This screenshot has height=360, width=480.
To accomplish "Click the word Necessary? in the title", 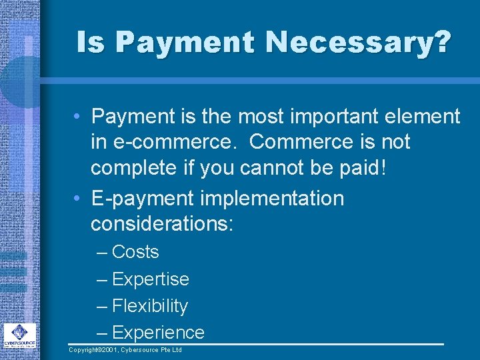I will point(359,43).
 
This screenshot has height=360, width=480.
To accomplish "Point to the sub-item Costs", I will point(135,252).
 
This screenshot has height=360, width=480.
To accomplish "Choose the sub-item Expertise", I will point(151,279).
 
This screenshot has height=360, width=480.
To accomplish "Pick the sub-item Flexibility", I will point(150,306).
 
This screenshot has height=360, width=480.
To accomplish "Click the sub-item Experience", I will point(158,333).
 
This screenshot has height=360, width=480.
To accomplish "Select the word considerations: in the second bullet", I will point(162,224).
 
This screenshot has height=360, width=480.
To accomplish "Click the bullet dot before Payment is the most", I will point(78,117).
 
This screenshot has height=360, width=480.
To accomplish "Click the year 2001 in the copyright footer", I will point(112,350).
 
